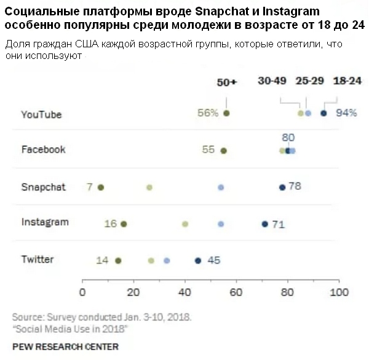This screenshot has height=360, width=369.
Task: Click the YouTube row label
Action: pyautogui.click(x=41, y=114)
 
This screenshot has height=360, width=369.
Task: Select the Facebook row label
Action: pyautogui.click(x=43, y=149)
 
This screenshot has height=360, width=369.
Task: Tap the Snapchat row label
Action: pyautogui.click(x=44, y=187)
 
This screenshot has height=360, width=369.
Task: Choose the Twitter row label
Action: pyautogui.click(x=38, y=259)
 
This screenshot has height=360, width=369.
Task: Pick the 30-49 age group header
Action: pyautogui.click(x=272, y=82)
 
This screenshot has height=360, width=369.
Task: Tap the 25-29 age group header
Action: pyautogui.click(x=310, y=82)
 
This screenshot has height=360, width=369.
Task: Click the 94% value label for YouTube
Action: pyautogui.click(x=346, y=113)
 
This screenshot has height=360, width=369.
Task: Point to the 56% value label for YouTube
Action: pyautogui.click(x=208, y=113)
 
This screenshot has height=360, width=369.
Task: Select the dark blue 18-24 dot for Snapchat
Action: pyautogui.click(x=282, y=187)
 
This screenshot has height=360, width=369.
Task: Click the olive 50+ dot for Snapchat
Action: pyautogui.click(x=101, y=187)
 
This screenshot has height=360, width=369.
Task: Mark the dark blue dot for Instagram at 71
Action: pyautogui.click(x=264, y=224)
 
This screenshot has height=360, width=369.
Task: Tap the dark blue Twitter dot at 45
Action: pyautogui.click(x=198, y=260)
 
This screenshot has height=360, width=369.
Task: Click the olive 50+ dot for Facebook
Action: pyautogui.click(x=224, y=151)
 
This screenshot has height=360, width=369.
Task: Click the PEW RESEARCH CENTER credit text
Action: pyautogui.click(x=65, y=346)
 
